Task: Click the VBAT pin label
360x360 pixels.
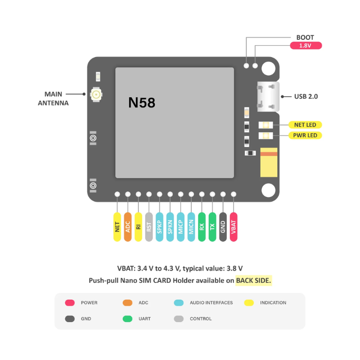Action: pos(234,227)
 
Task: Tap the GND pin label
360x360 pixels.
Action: pos(223,227)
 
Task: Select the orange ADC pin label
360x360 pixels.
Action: pos(128,227)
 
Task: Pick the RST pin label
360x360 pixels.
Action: pos(149,227)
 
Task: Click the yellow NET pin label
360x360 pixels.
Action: pos(117,227)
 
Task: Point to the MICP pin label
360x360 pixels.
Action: pos(181,227)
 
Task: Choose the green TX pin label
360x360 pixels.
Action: pos(212,227)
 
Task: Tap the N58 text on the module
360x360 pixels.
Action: pos(142,103)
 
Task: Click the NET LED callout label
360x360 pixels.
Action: pos(305,124)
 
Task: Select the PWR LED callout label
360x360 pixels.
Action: pos(305,135)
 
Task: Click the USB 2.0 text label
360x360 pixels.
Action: pos(307,96)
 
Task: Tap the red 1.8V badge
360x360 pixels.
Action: pos(305,46)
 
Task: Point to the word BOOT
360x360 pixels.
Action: pos(305,38)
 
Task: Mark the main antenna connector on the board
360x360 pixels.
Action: pos(96,94)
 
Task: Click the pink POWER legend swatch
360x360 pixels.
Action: pos(70,303)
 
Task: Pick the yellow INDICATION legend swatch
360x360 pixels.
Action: pos(249,303)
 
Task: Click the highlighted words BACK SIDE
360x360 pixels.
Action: pos(254,280)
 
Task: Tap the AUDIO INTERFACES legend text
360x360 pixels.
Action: pos(211,303)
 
